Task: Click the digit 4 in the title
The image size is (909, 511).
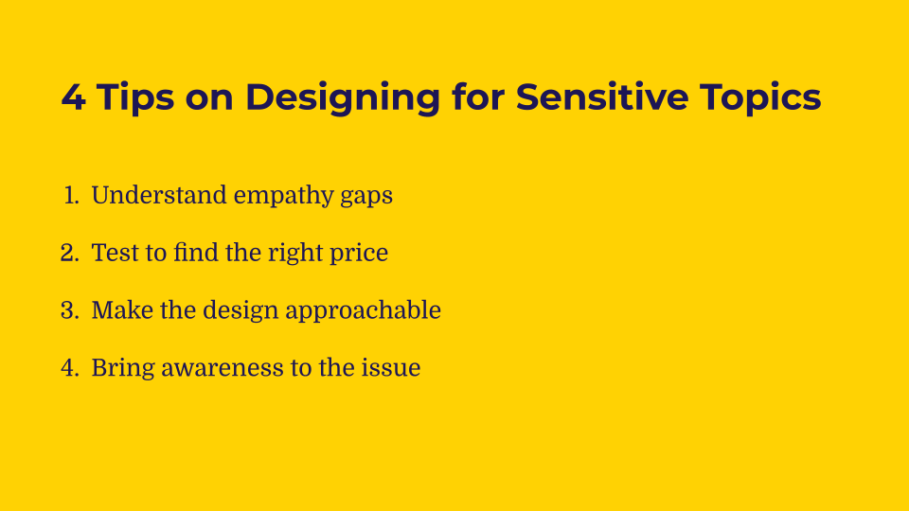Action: pos(73,97)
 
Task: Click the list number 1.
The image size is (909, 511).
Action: pos(71,196)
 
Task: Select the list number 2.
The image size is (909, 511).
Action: pos(69,254)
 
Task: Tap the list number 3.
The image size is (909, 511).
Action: pos(69,310)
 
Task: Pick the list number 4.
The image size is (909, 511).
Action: pos(69,368)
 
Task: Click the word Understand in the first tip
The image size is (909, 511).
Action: pos(159,196)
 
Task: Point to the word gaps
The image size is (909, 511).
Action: pos(365,197)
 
